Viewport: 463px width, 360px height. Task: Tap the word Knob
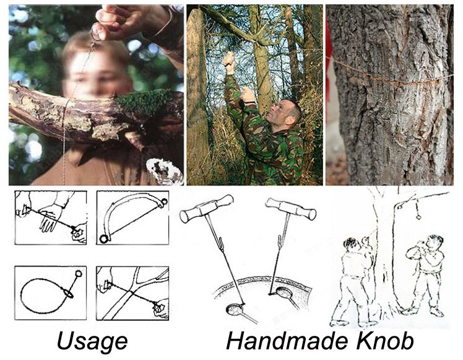point(385,341)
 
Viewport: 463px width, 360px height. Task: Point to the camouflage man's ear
point(290,120)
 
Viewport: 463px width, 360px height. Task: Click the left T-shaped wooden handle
point(206,208)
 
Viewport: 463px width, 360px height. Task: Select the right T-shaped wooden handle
point(291,209)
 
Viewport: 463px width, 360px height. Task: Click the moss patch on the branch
point(142,102)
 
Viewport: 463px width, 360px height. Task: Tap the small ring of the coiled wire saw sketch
point(79,273)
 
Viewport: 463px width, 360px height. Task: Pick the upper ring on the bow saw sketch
point(163,202)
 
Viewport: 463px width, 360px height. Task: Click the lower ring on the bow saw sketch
point(104,239)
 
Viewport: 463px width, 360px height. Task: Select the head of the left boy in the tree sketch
point(350,244)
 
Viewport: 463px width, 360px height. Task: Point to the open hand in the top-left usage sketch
point(50,217)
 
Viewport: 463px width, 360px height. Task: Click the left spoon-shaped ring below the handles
point(235,310)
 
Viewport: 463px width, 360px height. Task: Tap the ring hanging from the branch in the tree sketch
point(419,217)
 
